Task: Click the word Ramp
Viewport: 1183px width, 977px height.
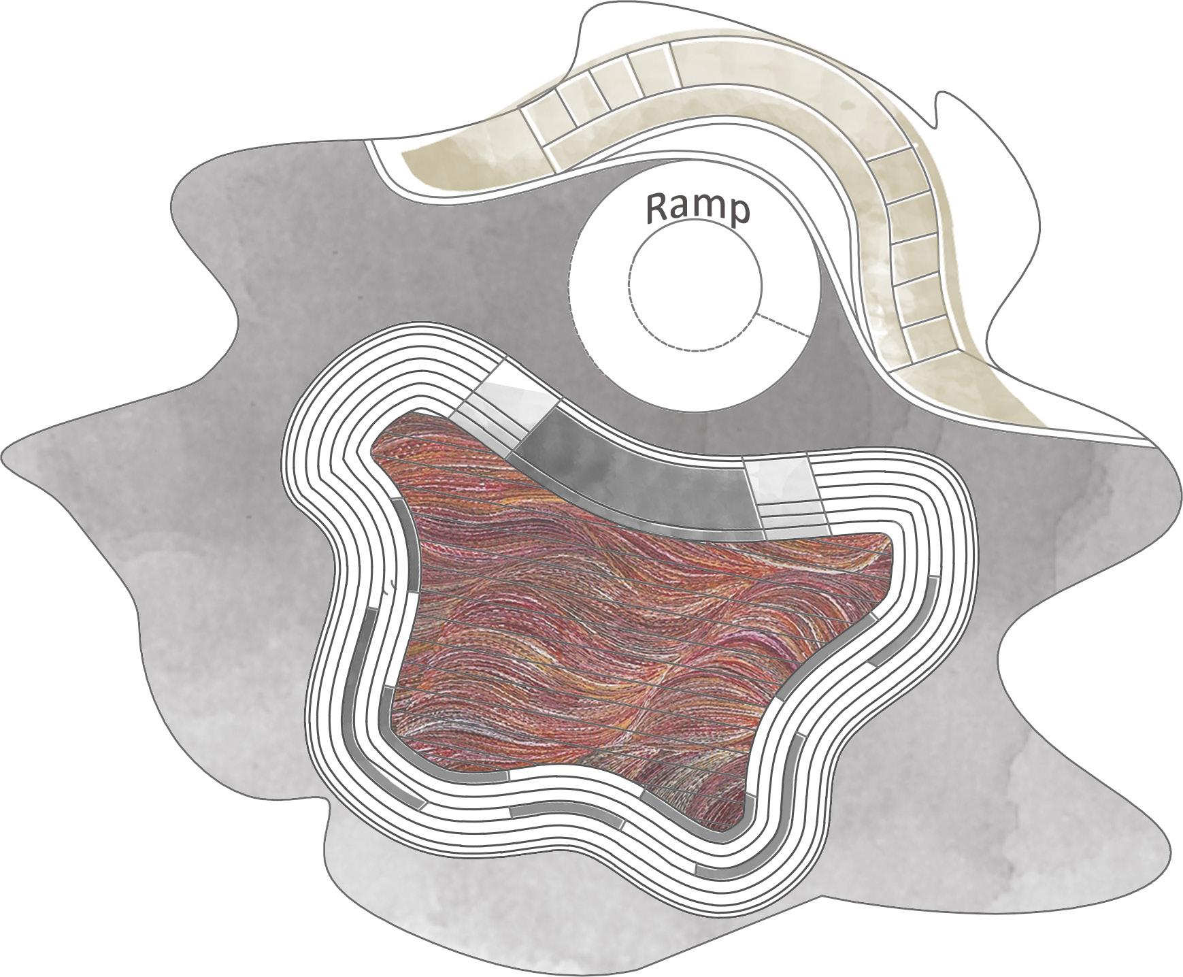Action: tap(697, 208)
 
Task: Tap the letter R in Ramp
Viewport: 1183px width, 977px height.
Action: tap(658, 208)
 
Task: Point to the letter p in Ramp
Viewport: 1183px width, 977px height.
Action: tap(737, 212)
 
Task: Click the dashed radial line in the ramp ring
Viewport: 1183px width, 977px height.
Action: tap(782, 326)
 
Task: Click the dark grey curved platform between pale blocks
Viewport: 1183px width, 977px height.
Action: tap(633, 476)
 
